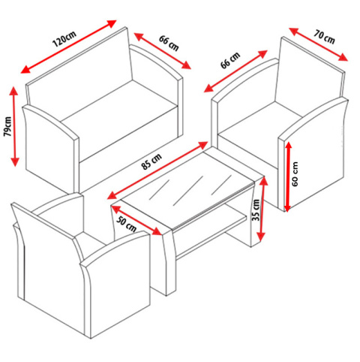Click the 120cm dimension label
pos(64,39)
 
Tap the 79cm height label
pos(7,126)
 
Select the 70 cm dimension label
pos(324,37)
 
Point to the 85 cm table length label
pos(151,161)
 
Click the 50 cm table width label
pos(127,224)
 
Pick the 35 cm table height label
pos(256,210)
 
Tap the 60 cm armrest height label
pos(295,173)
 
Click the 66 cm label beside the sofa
pos(169,44)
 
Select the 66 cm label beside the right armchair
pos(230,60)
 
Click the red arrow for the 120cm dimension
pos(68,47)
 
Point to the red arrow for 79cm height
pos(14,126)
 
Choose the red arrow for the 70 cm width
pos(318,44)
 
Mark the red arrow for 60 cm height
pos(288,176)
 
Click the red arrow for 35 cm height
pos(262,210)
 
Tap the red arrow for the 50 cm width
pos(136,220)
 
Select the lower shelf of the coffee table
pos(212,231)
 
